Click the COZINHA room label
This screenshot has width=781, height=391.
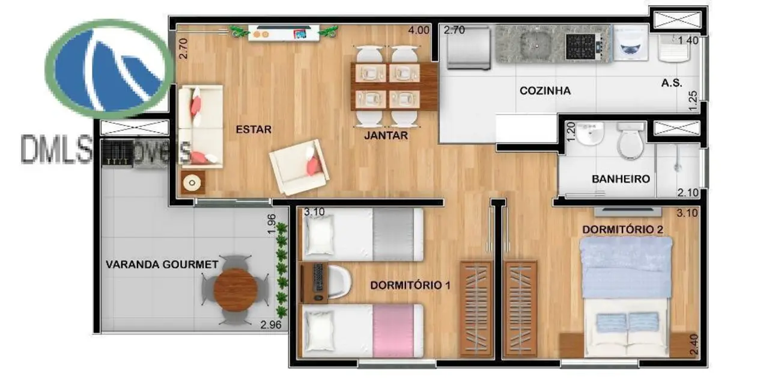(545, 91)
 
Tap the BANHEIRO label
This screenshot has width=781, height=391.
(621, 179)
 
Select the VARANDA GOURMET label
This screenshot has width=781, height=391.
(162, 265)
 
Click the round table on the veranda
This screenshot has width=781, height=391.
(236, 289)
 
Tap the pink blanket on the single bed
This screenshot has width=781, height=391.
(398, 330)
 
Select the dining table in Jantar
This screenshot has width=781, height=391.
(394, 85)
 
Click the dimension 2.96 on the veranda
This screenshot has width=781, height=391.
(270, 325)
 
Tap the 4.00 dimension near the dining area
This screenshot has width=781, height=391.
(419, 29)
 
